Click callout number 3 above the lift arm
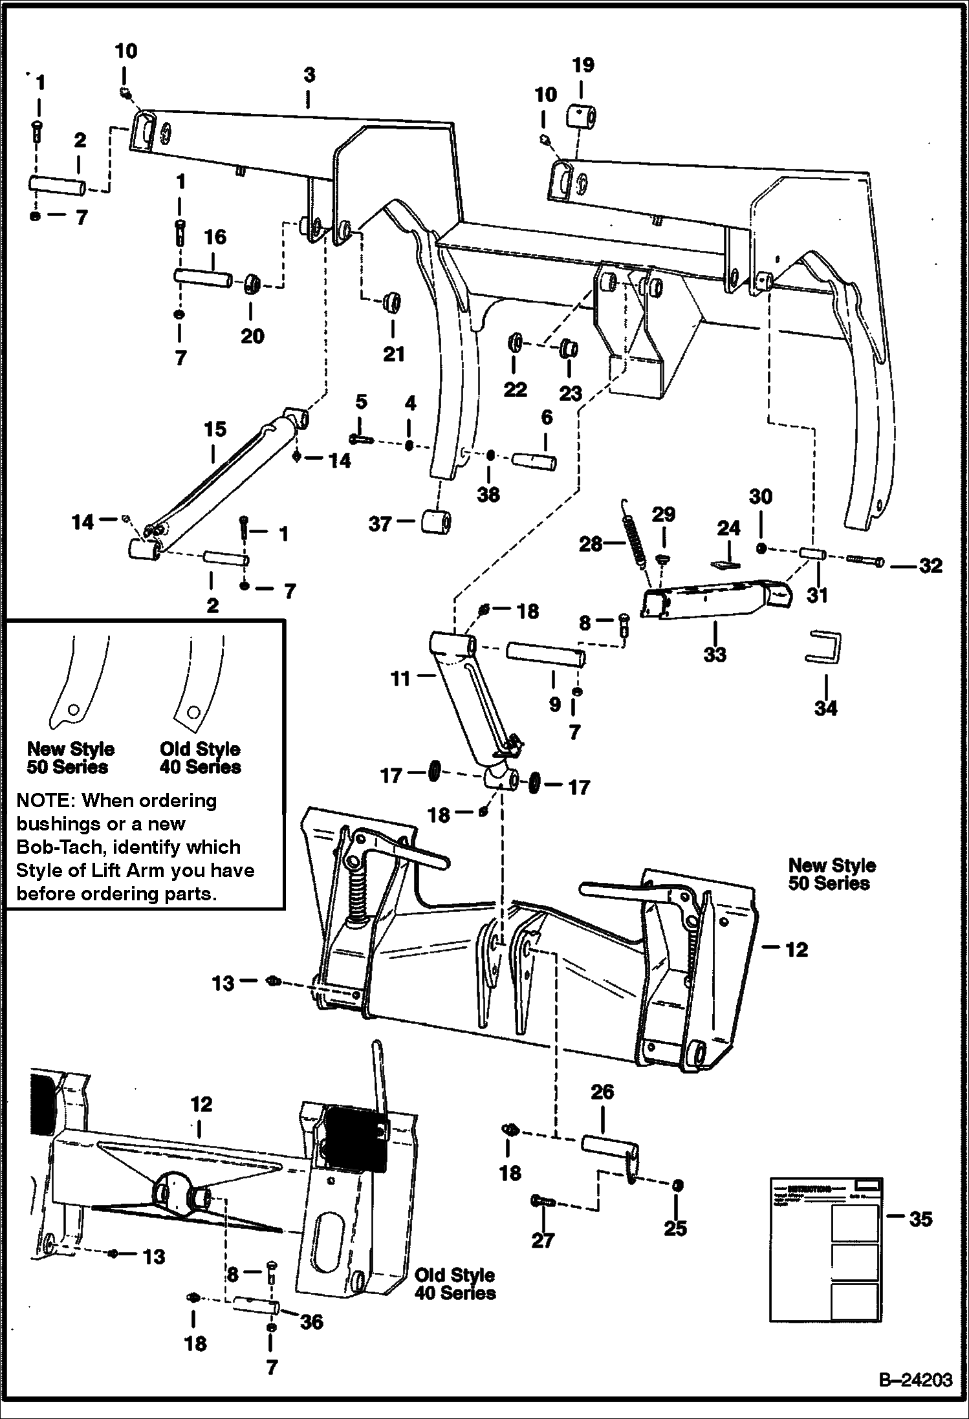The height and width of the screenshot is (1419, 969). [x=309, y=75]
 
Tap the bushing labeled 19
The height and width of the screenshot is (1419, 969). [x=582, y=118]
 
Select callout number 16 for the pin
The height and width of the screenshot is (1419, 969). [x=215, y=237]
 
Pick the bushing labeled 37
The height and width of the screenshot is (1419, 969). [x=436, y=521]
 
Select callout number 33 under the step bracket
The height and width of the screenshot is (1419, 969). [x=715, y=655]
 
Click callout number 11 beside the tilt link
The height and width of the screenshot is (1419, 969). [x=400, y=678]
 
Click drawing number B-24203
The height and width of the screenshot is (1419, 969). [x=915, y=1380]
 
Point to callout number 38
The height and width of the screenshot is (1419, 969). [x=488, y=495]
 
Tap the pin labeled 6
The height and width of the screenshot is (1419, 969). [x=534, y=461]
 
